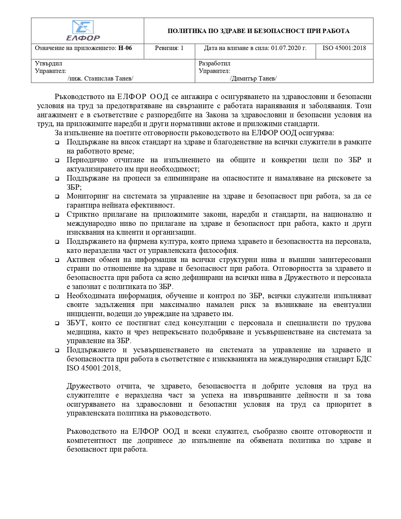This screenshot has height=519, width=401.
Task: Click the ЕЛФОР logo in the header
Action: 83,31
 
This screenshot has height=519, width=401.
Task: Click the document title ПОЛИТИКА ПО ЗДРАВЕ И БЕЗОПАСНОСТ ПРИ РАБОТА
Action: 258,31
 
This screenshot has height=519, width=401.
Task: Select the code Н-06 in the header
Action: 125,48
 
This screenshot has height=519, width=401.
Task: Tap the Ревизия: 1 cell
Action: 169,48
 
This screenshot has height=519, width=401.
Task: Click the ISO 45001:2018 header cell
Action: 344,48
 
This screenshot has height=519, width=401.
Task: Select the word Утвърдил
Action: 48,64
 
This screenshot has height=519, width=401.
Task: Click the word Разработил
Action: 214,64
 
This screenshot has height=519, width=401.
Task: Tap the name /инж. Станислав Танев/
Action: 100,78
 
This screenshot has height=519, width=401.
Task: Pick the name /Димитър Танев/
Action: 253,78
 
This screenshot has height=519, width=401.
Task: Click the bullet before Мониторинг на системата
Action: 57,197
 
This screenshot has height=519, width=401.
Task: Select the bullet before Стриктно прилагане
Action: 57,215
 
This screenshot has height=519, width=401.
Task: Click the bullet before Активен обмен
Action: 57,260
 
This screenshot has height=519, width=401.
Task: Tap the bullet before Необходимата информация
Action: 57,296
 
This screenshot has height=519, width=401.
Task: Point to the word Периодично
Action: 87,160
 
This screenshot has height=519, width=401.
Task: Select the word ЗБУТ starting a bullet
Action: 76,323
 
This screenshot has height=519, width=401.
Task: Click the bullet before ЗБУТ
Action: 57,323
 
